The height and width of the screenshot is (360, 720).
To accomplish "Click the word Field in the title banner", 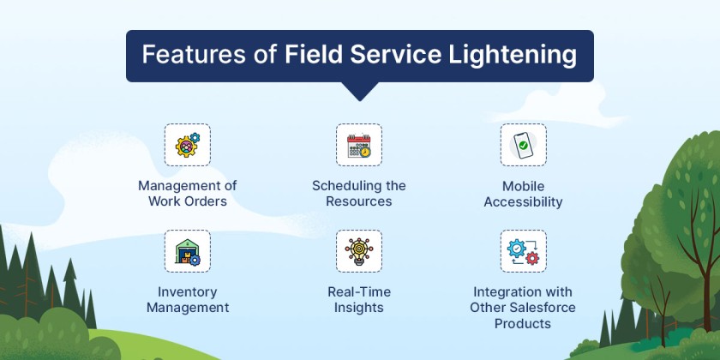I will pyautogui.click(x=316, y=56).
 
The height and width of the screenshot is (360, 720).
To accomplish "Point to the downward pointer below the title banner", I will pyautogui.click(x=359, y=91).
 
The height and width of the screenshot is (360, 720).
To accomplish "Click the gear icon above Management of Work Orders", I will pyautogui.click(x=188, y=145).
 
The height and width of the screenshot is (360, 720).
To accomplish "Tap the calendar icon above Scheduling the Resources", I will pyautogui.click(x=358, y=145).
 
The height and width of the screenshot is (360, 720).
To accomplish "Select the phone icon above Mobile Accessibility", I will pyautogui.click(x=523, y=145).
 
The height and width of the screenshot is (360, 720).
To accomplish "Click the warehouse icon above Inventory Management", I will pyautogui.click(x=188, y=251).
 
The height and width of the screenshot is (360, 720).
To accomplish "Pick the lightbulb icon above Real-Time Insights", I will pyautogui.click(x=358, y=251).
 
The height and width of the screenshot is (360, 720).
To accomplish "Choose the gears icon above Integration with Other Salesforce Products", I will pyautogui.click(x=523, y=251).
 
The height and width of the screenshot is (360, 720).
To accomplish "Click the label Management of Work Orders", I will pyautogui.click(x=188, y=194).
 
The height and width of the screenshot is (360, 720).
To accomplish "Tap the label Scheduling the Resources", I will pyautogui.click(x=358, y=194).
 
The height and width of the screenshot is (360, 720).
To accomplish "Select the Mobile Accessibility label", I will pyautogui.click(x=523, y=194).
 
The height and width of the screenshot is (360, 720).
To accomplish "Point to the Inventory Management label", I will pyautogui.click(x=188, y=299).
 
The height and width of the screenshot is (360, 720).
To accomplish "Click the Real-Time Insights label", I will pyautogui.click(x=358, y=299).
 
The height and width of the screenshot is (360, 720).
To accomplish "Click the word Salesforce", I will pyautogui.click(x=541, y=308).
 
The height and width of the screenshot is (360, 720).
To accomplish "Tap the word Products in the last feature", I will pyautogui.click(x=523, y=324).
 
